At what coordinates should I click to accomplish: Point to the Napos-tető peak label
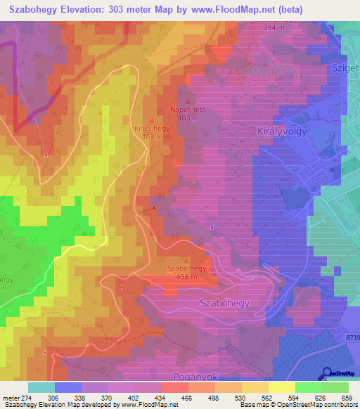point(188,110)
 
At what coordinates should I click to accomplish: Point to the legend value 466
point(188,397)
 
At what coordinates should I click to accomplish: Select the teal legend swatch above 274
point(41,387)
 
